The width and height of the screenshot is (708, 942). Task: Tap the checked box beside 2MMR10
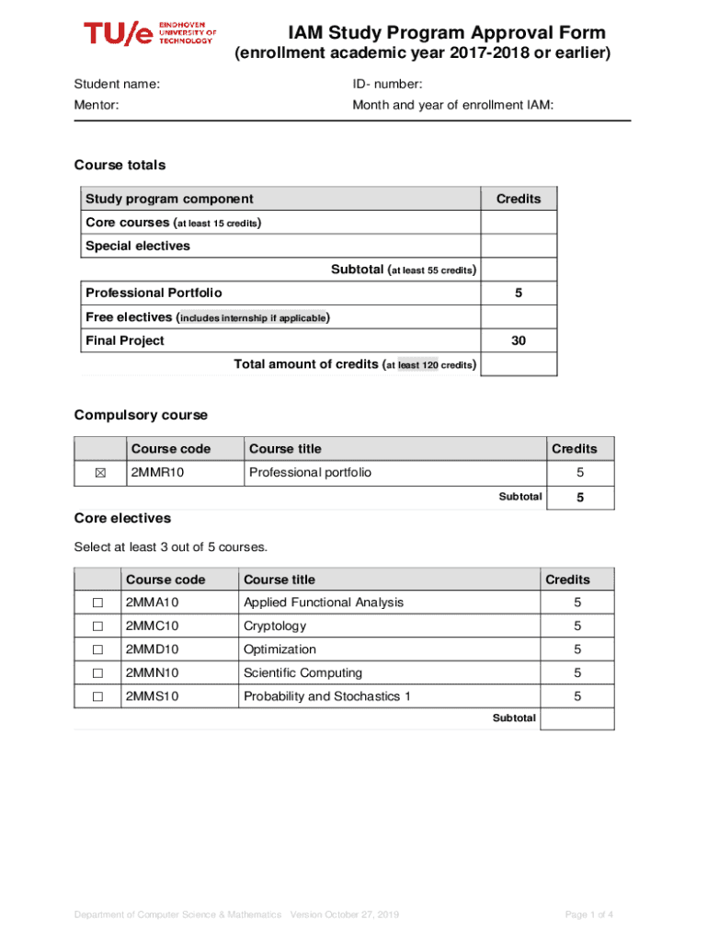pyautogui.click(x=100, y=473)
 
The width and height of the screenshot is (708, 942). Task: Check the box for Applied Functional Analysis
pyautogui.click(x=97, y=603)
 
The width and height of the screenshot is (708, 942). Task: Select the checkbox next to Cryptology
pyautogui.click(x=97, y=626)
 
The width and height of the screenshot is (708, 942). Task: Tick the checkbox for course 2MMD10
pyautogui.click(x=97, y=650)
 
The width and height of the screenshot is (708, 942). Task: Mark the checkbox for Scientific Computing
pyautogui.click(x=97, y=673)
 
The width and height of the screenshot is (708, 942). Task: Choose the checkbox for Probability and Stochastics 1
pyautogui.click(x=97, y=697)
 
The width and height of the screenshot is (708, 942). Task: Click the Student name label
pyautogui.click(x=117, y=85)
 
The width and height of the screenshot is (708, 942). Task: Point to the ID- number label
pyautogui.click(x=387, y=85)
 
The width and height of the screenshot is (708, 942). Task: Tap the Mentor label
pyautogui.click(x=97, y=106)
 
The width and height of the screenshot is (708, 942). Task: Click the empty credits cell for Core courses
pyautogui.click(x=519, y=223)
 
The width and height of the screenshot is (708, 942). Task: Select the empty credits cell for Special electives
pyautogui.click(x=519, y=246)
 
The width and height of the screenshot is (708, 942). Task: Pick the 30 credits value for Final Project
pyautogui.click(x=519, y=340)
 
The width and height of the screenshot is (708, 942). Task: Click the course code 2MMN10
pyautogui.click(x=153, y=673)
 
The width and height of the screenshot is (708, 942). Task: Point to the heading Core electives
pyautogui.click(x=122, y=519)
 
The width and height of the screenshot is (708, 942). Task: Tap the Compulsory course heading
pyautogui.click(x=141, y=415)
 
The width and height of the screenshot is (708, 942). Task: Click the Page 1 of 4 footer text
pyautogui.click(x=588, y=913)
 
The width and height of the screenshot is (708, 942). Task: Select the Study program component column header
pyautogui.click(x=169, y=199)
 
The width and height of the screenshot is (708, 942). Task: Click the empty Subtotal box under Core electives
pyautogui.click(x=577, y=718)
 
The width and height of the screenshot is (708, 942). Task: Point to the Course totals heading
pyautogui.click(x=120, y=166)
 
